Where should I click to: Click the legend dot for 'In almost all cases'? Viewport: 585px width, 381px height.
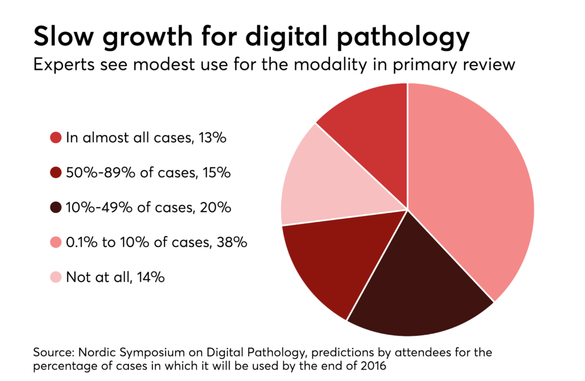(55, 138)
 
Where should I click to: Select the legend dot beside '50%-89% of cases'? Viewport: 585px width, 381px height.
(55, 173)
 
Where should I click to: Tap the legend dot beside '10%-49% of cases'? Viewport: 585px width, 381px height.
(55, 207)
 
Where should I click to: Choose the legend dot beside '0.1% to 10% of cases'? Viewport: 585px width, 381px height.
(55, 242)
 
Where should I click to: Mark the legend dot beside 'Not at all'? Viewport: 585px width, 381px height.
(55, 278)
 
